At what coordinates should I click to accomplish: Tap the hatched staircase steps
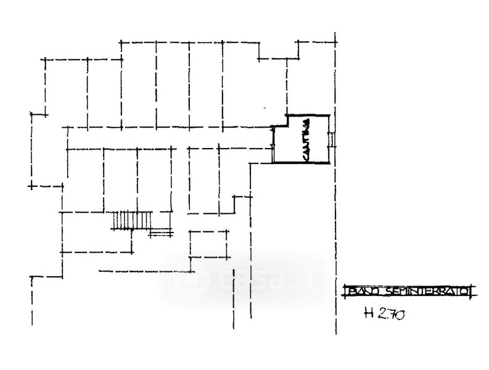132,220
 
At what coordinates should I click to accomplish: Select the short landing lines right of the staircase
162,232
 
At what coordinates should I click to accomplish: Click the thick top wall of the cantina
308,115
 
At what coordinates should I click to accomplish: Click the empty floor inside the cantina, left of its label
289,143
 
